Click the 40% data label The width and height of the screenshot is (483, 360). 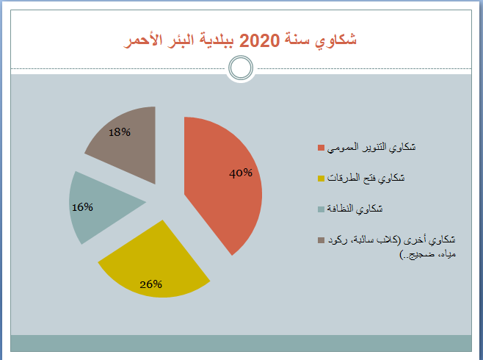pyautogui.click(x=241, y=173)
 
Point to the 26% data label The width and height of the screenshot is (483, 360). pyautogui.click(x=150, y=284)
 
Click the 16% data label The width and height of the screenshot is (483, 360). pyautogui.click(x=82, y=207)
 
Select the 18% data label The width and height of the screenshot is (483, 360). pyautogui.click(x=120, y=132)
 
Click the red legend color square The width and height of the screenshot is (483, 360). pyautogui.click(x=321, y=148)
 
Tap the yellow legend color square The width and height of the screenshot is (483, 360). pyautogui.click(x=321, y=179)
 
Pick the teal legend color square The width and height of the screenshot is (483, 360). pyautogui.click(x=321, y=209)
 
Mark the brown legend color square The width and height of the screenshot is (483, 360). pyautogui.click(x=321, y=240)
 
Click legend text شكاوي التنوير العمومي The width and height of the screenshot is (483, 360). pyautogui.click(x=371, y=148)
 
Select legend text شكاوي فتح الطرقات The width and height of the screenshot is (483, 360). pyautogui.click(x=366, y=178)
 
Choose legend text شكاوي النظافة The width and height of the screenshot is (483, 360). pyautogui.click(x=355, y=209)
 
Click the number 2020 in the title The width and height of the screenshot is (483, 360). pyautogui.click(x=259, y=40)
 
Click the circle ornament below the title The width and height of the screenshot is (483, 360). pyautogui.click(x=241, y=68)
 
